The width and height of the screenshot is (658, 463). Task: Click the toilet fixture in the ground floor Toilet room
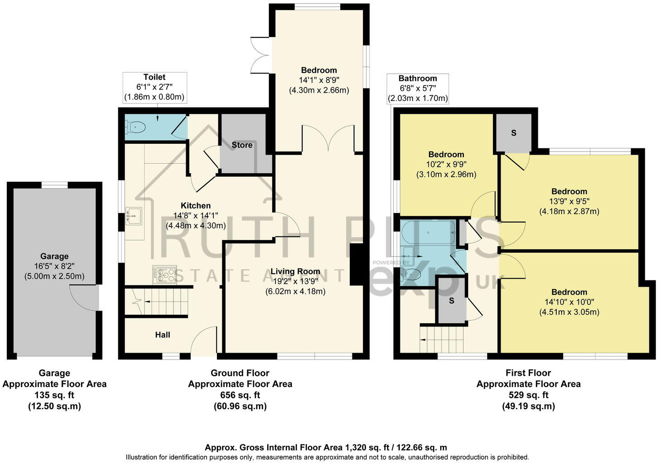click(136, 128)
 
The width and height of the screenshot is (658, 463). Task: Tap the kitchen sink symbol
click(134, 216)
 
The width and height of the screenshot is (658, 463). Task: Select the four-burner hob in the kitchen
click(164, 274)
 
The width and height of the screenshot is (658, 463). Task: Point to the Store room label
click(242, 145)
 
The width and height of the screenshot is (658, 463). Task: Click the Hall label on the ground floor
click(163, 335)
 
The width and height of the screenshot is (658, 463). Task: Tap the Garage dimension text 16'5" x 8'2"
click(54, 266)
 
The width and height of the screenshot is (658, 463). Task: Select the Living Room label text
click(295, 271)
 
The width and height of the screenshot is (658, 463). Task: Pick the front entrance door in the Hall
click(204, 341)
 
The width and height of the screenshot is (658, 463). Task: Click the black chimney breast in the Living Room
click(357, 265)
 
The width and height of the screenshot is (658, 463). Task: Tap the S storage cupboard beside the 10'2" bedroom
click(513, 133)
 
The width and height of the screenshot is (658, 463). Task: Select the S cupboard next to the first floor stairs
click(451, 301)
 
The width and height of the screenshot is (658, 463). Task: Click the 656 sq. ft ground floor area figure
click(240, 395)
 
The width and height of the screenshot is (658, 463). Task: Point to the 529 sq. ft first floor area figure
click(528, 395)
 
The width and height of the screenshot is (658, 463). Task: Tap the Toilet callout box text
click(155, 87)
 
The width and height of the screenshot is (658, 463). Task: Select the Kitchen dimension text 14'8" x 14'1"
click(196, 216)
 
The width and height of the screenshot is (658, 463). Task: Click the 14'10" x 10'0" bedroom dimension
click(569, 302)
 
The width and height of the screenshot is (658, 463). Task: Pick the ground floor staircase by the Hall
click(163, 300)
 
